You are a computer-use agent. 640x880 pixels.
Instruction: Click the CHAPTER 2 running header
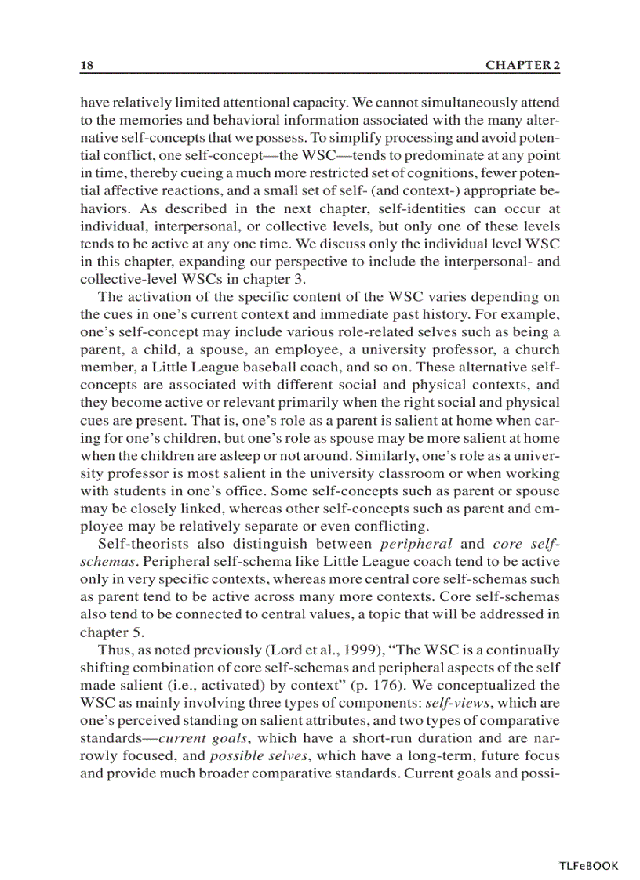(522, 67)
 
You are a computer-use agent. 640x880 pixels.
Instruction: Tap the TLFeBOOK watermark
(588, 866)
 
